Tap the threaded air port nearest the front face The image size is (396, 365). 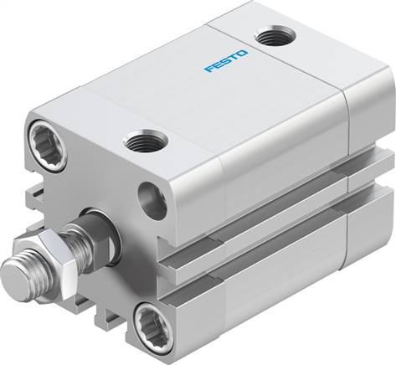click(x=142, y=142)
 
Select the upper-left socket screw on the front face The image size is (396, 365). click(x=44, y=136)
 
